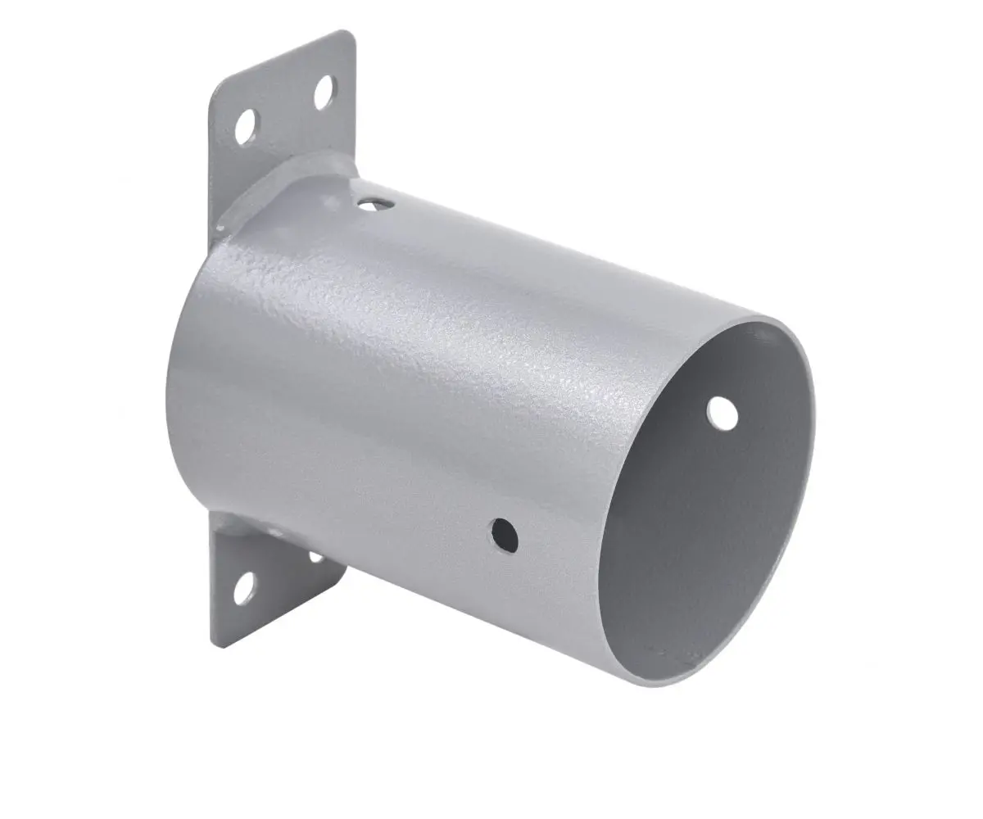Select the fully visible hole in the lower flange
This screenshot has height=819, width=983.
click(x=243, y=590)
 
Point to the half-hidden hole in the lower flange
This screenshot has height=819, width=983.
click(x=315, y=558)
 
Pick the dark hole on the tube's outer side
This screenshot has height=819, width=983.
click(x=505, y=534)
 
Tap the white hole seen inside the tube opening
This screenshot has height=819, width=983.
click(x=722, y=413)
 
